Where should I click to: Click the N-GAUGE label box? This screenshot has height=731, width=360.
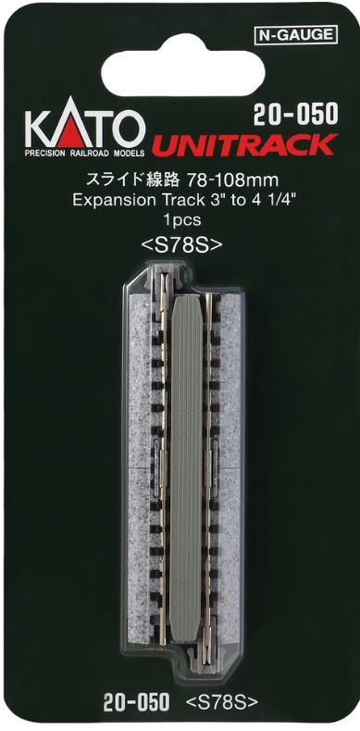(x=296, y=35)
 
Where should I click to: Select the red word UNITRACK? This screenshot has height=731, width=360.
(x=242, y=144)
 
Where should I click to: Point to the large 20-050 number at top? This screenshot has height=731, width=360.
(x=295, y=114)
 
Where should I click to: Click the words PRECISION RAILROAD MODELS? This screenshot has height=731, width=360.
(x=84, y=154)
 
